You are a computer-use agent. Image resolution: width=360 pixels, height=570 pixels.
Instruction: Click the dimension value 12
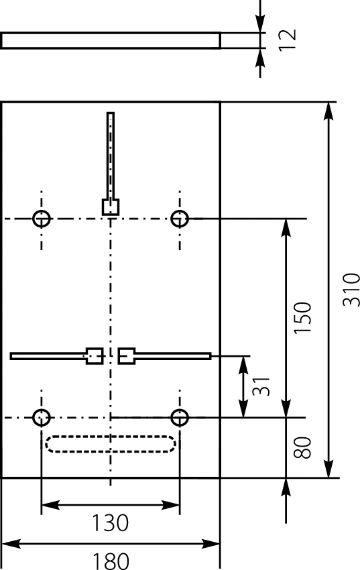(288, 40)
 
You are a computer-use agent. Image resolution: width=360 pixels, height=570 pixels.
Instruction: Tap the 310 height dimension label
(351, 290)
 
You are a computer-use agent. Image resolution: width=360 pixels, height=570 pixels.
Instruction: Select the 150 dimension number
(302, 317)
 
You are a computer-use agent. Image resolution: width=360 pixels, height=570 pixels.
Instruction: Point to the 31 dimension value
(261, 386)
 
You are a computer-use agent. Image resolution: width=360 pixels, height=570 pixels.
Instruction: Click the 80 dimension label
(302, 447)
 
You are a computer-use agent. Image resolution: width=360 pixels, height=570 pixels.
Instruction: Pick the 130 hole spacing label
(110, 523)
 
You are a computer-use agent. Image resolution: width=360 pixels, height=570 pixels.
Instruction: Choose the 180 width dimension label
(111, 561)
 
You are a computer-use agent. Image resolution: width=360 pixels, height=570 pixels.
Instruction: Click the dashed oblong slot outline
(111, 436)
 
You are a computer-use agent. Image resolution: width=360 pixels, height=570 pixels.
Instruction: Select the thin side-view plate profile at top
(111, 33)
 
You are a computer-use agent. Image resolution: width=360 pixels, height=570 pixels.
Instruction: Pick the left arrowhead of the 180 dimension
(10, 545)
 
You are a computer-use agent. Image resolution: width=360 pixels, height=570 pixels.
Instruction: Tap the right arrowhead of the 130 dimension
(171, 505)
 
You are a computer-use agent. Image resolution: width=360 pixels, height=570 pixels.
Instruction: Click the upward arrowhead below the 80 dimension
(286, 486)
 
